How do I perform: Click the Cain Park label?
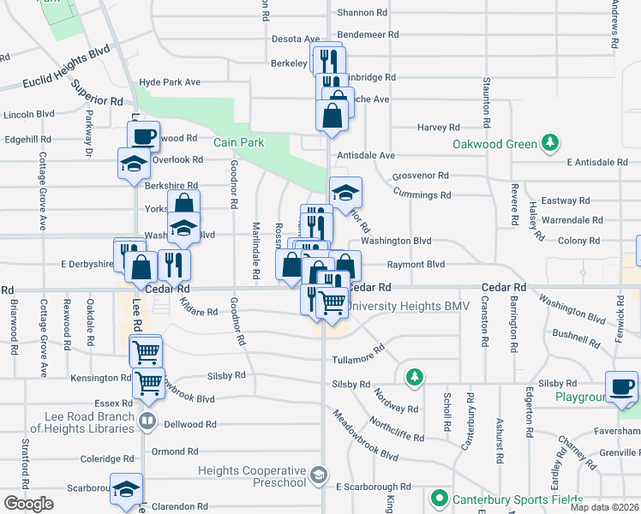[x=239, y=142]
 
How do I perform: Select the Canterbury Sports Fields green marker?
[x=440, y=498]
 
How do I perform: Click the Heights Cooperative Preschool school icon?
[x=318, y=474]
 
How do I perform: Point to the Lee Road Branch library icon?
[x=148, y=421]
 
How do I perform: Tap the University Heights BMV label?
[x=404, y=306]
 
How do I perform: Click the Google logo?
[x=28, y=504]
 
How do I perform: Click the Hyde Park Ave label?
[x=169, y=82]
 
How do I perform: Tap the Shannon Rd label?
[x=362, y=13]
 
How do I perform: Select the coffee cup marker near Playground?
[x=621, y=385]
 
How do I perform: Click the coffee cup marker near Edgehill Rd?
[x=144, y=135]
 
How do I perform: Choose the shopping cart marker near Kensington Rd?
[x=149, y=382]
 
